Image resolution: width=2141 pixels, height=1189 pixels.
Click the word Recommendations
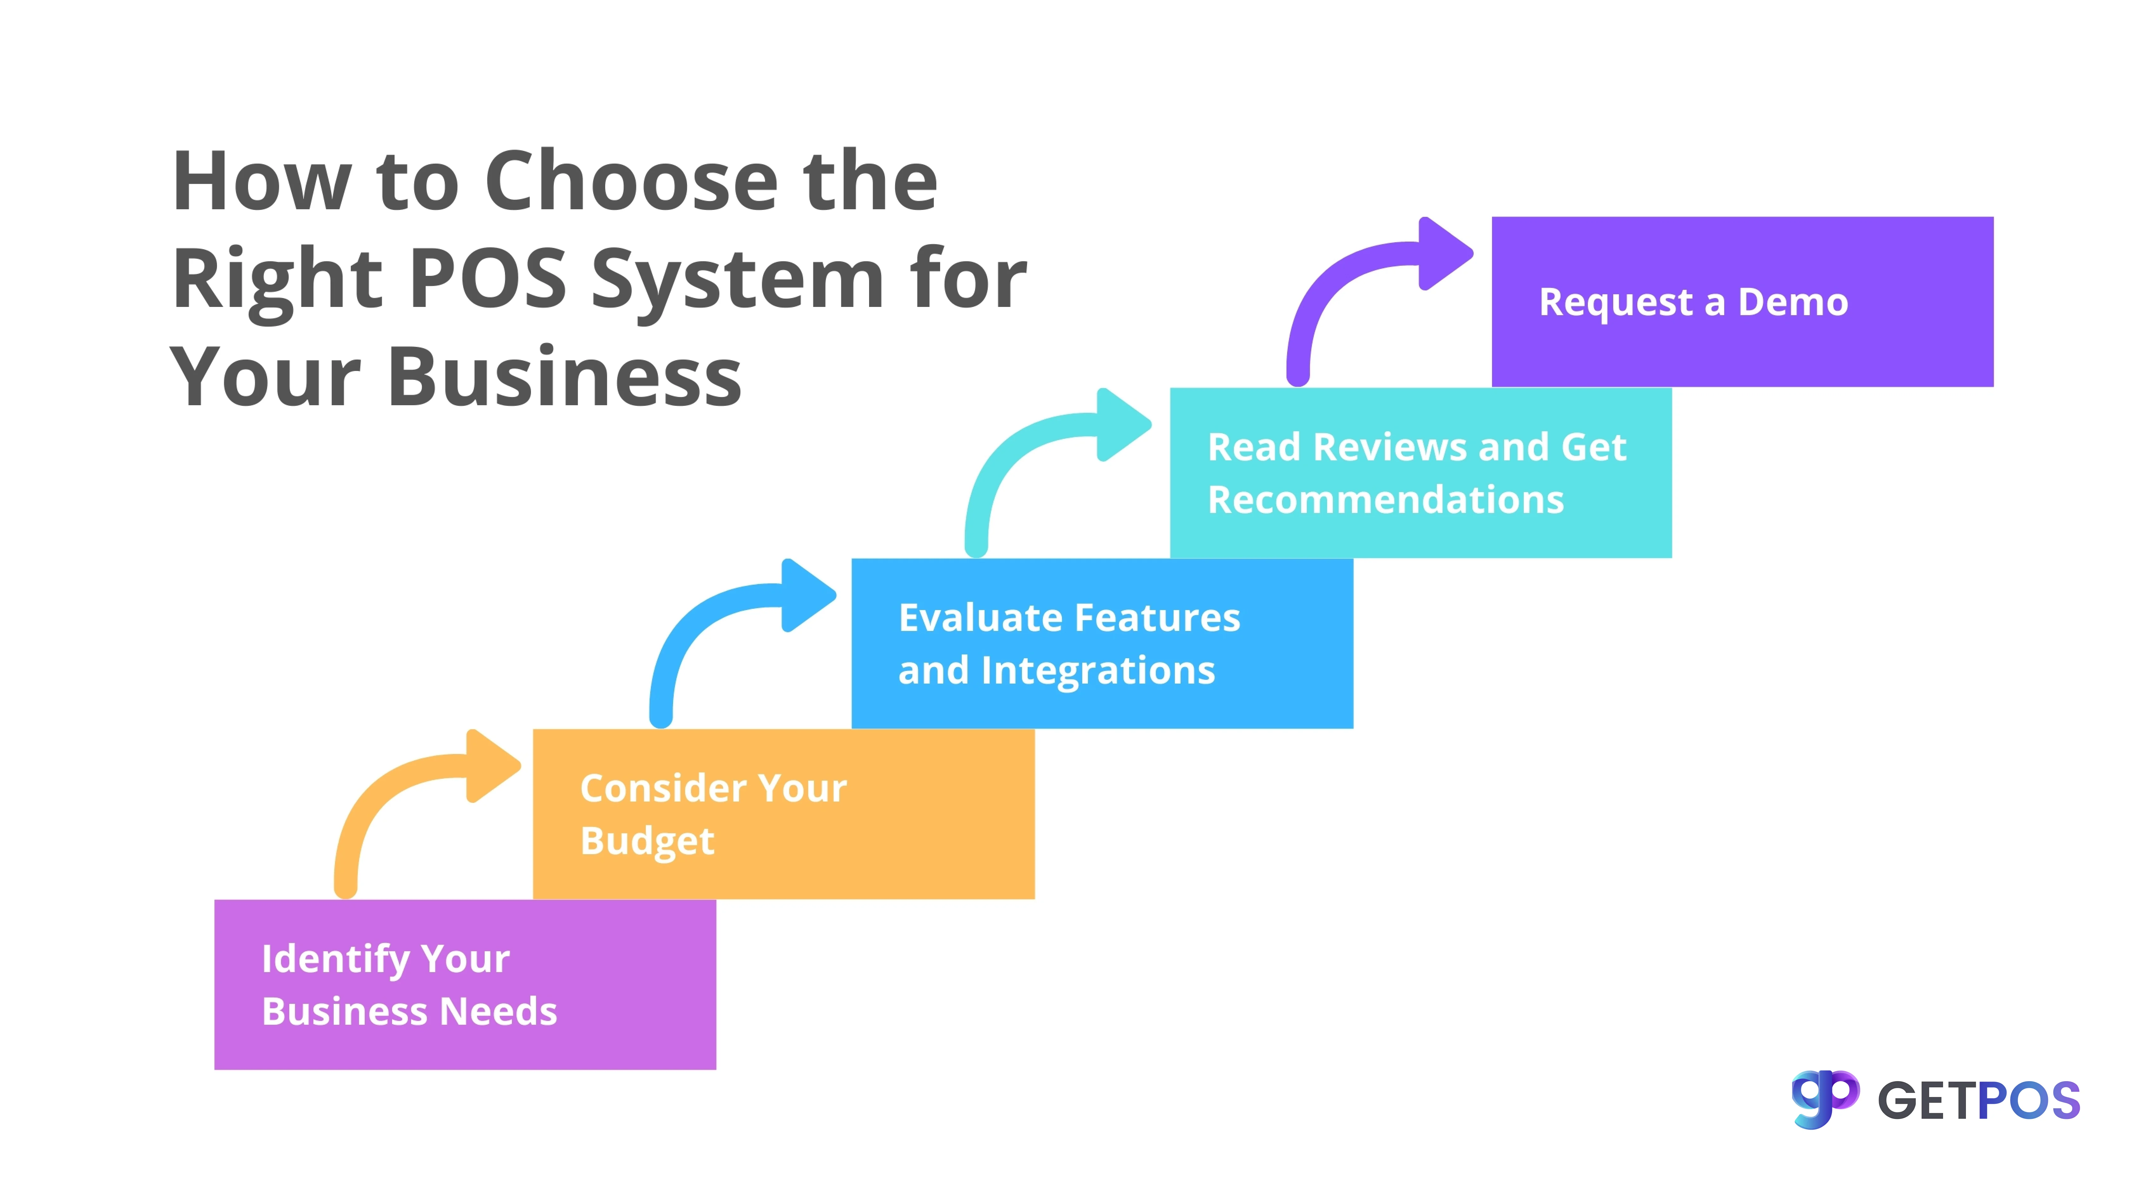[1385, 499]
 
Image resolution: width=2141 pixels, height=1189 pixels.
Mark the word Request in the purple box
[1615, 302]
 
